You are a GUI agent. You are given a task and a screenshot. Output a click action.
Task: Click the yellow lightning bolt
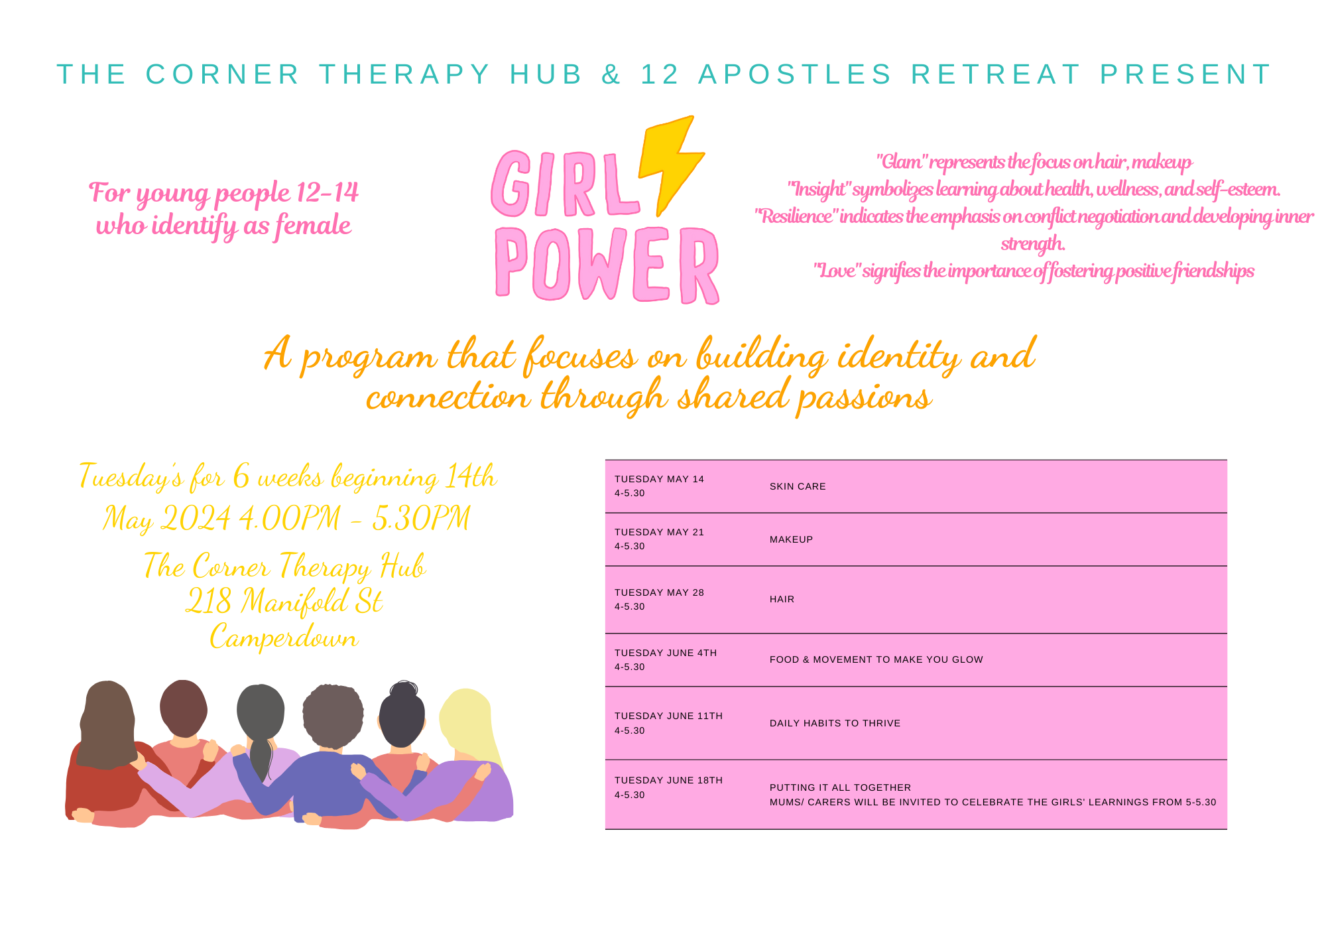point(670,163)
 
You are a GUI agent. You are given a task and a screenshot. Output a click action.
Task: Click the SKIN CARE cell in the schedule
point(798,486)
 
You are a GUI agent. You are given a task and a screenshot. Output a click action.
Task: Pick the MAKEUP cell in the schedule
point(791,539)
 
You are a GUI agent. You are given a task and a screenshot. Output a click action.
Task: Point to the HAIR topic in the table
point(782,599)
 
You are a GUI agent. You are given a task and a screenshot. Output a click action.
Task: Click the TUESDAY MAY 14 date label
point(659,479)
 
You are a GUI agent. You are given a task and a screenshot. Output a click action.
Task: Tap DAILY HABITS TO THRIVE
point(835,723)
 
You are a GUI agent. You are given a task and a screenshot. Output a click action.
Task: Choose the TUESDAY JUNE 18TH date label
point(668,780)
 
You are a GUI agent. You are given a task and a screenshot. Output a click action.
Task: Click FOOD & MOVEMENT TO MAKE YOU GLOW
point(876,659)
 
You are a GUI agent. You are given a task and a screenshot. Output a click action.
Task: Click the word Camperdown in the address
point(284,637)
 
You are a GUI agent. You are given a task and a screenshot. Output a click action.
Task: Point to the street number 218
point(208,602)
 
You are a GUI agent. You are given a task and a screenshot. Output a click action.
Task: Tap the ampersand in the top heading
point(611,74)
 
